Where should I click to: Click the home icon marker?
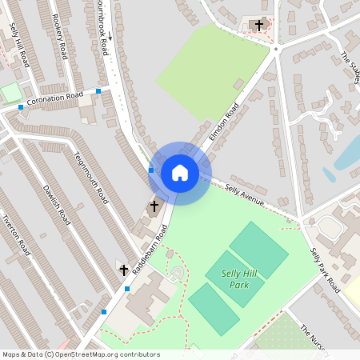pyautogui.click(x=180, y=173)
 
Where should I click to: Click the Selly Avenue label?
pyautogui.click(x=245, y=194)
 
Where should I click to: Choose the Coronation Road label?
pyautogui.click(x=54, y=98)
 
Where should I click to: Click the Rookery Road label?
pyautogui.click(x=58, y=35)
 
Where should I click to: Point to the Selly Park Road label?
pyautogui.click(x=326, y=269)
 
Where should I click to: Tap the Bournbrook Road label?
pyautogui.click(x=102, y=24)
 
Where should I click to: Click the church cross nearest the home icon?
pyautogui.click(x=154, y=206)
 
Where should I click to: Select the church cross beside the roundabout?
pyautogui.click(x=258, y=26)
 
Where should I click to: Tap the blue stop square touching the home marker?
pyautogui.click(x=151, y=170)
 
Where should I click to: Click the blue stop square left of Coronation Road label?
pyautogui.click(x=21, y=106)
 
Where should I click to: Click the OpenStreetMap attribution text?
pyautogui.click(x=82, y=354)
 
